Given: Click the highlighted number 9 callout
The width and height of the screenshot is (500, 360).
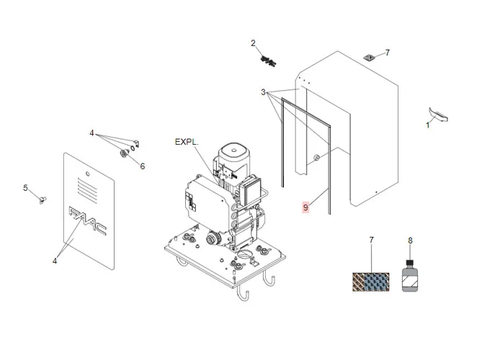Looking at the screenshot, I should pos(305,207).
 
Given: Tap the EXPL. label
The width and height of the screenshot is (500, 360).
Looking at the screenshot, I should pos(187,142).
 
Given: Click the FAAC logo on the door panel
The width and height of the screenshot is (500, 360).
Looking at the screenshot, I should pos(86,220).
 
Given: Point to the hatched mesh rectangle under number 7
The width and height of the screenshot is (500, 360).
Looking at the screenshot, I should pos(372,282).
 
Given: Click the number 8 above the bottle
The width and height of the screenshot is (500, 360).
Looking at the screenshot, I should pos(410,240).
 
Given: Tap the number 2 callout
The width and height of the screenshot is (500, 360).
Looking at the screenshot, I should pos(254,43).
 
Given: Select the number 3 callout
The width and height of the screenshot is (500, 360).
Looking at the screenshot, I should pos(264,92).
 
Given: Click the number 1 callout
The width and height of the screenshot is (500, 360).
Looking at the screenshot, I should pos(427,125).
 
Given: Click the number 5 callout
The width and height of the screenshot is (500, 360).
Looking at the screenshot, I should pos(25,188).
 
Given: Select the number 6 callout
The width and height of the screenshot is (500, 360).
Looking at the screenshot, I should pos(142,166).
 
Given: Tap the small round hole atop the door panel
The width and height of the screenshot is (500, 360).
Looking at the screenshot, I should pos(86,173).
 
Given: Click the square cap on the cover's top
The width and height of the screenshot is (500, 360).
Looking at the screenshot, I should pos(369,55).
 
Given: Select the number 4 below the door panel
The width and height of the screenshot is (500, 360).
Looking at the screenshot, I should pos(54,261).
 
